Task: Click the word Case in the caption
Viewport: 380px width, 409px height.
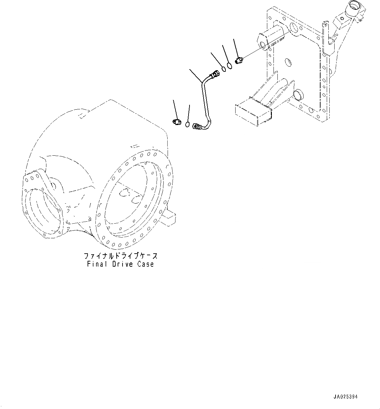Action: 146,264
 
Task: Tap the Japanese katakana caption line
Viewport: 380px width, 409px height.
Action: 121,256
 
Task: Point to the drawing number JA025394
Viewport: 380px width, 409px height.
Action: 346,397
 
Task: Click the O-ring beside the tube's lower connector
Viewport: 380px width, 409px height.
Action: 187,124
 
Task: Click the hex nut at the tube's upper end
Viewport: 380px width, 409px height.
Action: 216,73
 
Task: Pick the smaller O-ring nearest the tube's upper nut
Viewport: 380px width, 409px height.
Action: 224,69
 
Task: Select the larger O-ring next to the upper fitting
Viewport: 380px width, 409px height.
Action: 230,66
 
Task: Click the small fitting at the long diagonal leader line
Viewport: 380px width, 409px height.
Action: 239,61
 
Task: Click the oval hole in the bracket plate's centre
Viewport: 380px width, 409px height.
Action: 288,62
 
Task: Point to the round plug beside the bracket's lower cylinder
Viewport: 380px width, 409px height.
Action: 299,95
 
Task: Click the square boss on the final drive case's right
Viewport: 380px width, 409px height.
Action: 169,219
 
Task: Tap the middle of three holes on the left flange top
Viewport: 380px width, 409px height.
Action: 32,178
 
